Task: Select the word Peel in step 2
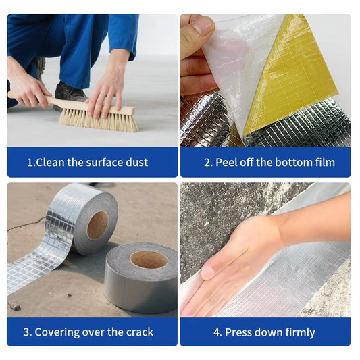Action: pyautogui.click(x=227, y=162)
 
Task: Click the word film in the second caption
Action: pyautogui.click(x=325, y=162)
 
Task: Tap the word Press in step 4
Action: pyautogui.click(x=238, y=332)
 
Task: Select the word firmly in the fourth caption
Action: pyautogui.click(x=299, y=332)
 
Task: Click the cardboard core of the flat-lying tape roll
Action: pyautogui.click(x=149, y=259)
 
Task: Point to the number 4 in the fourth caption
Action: pyautogui.click(x=217, y=332)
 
